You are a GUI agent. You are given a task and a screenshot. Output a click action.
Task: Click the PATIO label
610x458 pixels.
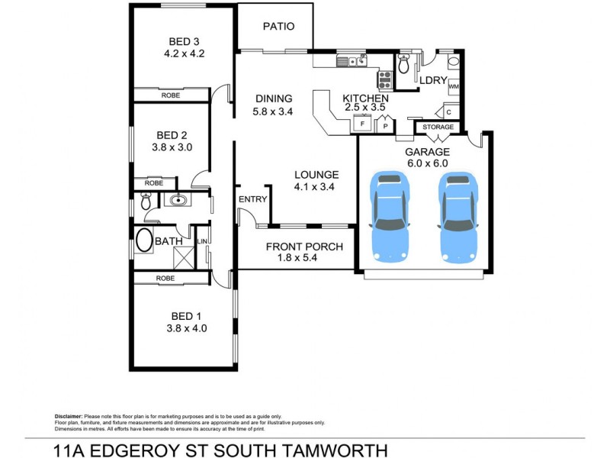[278, 26]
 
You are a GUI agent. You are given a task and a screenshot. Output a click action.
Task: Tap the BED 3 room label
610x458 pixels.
[184, 41]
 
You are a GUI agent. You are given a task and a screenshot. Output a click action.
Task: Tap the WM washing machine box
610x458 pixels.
[453, 86]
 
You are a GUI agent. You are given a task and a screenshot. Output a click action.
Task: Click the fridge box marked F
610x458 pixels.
[362, 123]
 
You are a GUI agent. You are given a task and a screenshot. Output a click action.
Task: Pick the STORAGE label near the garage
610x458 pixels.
[438, 127]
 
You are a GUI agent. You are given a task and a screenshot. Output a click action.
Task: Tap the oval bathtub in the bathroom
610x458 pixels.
[145, 243]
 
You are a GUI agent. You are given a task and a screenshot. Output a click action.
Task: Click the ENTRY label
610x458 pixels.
[252, 199]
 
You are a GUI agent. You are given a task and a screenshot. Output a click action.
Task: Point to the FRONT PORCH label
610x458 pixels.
[303, 247]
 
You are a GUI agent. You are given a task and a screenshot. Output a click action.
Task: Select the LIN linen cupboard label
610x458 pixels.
[203, 242]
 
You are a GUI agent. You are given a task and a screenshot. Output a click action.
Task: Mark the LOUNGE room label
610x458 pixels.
[316, 174]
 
